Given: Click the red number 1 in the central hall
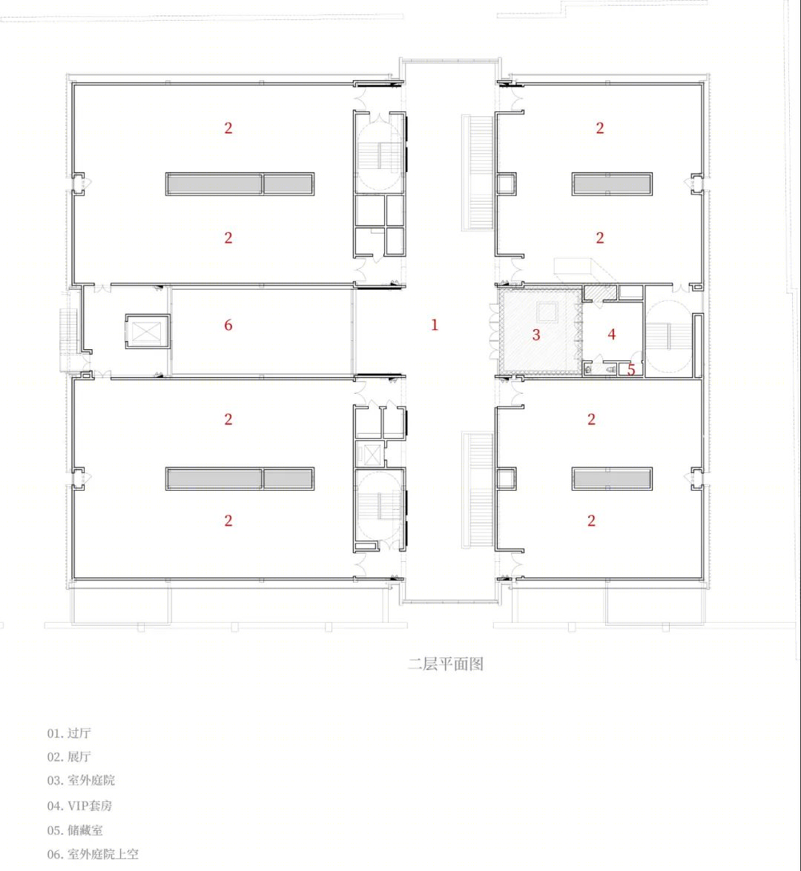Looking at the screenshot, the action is pyautogui.click(x=435, y=325).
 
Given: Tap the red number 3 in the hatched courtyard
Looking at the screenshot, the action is pyautogui.click(x=535, y=334).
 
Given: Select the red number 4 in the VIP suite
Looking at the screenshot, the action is pyautogui.click(x=611, y=334).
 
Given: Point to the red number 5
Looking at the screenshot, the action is pyautogui.click(x=631, y=369).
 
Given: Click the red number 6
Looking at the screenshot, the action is pyautogui.click(x=228, y=325).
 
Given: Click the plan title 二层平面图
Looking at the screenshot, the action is pyautogui.click(x=445, y=663).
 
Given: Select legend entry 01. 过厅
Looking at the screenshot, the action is pyautogui.click(x=69, y=733).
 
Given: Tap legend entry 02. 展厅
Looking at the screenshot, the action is pyautogui.click(x=69, y=757).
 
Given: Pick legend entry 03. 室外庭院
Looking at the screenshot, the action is pyautogui.click(x=81, y=780).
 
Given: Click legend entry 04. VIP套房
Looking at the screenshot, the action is pyautogui.click(x=79, y=806).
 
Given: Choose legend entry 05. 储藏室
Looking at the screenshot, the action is pyautogui.click(x=75, y=830).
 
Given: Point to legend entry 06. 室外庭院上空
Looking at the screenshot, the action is pyautogui.click(x=93, y=854).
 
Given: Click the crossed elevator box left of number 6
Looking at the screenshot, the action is pyautogui.click(x=147, y=331).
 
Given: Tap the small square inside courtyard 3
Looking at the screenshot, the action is pyautogui.click(x=547, y=313).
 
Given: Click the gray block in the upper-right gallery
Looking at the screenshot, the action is pyautogui.click(x=612, y=184).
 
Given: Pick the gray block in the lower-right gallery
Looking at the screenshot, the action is pyautogui.click(x=612, y=479).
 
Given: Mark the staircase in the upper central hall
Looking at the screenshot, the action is pyautogui.click(x=478, y=172).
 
